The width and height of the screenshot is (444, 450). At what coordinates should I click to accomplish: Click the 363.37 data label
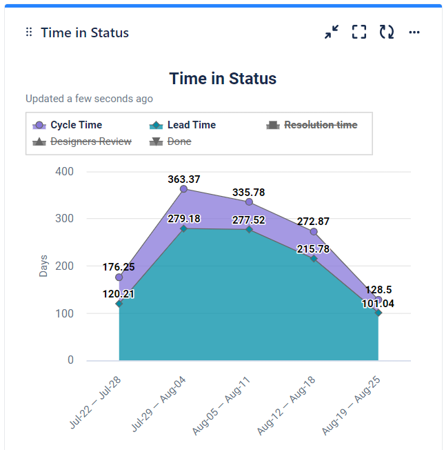(x=183, y=179)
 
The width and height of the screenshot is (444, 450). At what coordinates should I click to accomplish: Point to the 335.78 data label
(x=249, y=192)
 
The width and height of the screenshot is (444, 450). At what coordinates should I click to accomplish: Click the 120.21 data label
(x=119, y=294)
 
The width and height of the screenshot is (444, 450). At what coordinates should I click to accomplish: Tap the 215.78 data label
(x=313, y=249)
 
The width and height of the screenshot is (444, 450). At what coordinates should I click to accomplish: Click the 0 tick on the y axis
(x=70, y=360)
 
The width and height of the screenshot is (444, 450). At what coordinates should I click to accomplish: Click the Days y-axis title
(x=43, y=266)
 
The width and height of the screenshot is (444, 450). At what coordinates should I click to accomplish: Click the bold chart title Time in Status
(x=223, y=79)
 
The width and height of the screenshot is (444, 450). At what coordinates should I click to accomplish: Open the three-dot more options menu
(x=414, y=32)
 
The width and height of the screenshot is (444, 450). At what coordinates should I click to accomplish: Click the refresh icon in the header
(x=387, y=32)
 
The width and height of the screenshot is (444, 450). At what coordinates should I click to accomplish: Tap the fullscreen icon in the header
(x=359, y=32)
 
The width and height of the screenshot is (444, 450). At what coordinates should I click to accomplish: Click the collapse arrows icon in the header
(x=332, y=32)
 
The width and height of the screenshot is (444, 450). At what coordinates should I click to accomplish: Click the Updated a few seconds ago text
(x=90, y=99)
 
